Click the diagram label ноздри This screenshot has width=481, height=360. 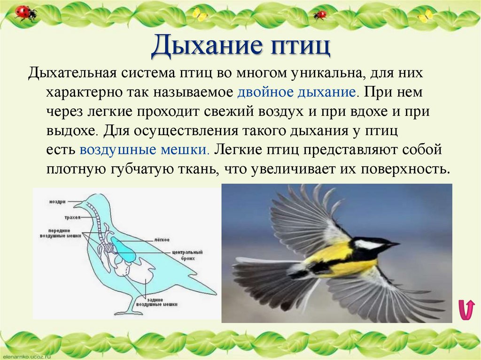pyautogui.click(x=57, y=201)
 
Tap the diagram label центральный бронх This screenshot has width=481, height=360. pyautogui.click(x=170, y=254)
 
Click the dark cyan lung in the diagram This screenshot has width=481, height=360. pyautogui.click(x=125, y=250)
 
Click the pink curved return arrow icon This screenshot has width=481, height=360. pyautogui.click(x=466, y=310)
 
